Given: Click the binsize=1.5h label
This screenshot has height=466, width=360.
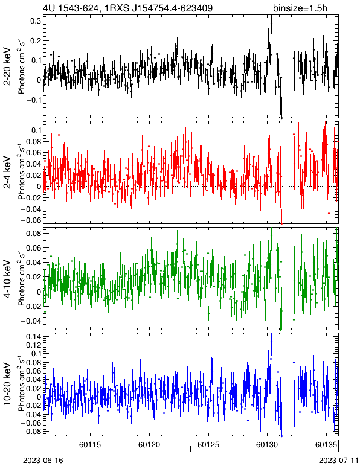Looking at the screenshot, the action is pos(300,8).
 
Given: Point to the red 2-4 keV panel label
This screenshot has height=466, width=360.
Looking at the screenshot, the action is pos(7,173).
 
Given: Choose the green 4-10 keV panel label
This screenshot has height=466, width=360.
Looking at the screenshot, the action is pos(7,279).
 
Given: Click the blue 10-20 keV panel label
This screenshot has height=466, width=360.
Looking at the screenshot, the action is pos(7,384).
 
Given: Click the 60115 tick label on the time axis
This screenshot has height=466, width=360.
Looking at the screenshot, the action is pos(90,445).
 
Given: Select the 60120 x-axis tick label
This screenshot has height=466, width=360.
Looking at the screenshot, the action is pos(149,445).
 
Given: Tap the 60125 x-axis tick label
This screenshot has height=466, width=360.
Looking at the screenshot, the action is pos(208,445).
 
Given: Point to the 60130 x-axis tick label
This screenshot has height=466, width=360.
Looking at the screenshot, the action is pos(267,445).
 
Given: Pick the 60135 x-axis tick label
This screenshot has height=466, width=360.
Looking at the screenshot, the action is pos(326,445).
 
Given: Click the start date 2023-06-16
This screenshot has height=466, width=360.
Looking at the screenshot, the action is pos(43,461).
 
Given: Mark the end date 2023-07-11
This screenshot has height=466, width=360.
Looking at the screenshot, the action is pos(339,461).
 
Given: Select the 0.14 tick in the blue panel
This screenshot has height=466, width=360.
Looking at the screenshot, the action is pos(33,336).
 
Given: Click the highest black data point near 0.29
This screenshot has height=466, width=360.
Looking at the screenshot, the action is pos(271,23).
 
